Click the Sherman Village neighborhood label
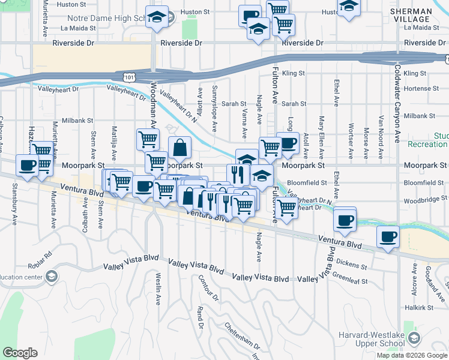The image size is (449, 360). coord(411,15)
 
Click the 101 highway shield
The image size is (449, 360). coord(128,77)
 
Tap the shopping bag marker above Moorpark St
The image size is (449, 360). coord(179,146)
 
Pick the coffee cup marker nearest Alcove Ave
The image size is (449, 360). coord(388,236)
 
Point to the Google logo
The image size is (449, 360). coord(20,353)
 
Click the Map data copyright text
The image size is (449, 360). coord(412,355)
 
